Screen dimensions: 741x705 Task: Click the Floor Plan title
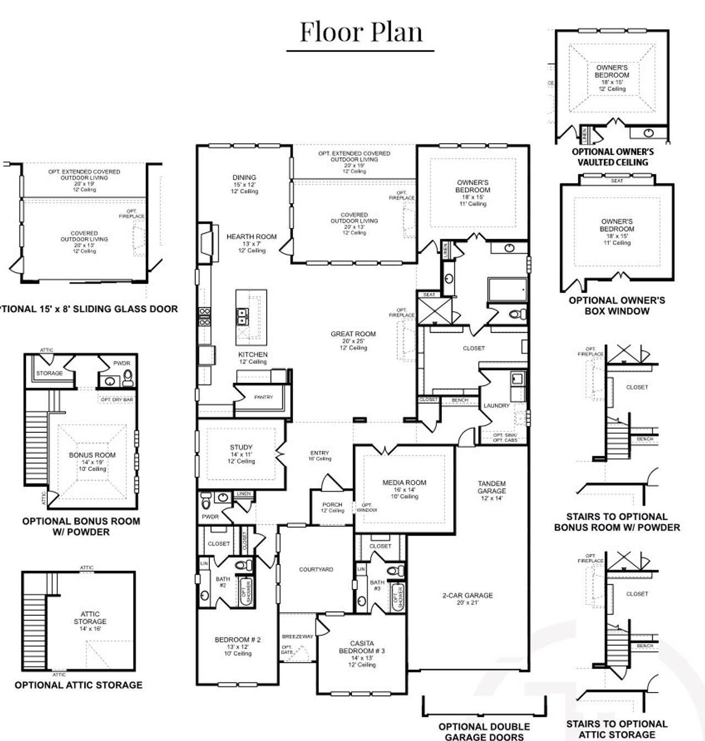(x=361, y=32)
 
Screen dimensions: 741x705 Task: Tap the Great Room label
(x=353, y=334)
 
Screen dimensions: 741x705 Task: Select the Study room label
(x=241, y=447)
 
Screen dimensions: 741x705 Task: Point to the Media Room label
(x=404, y=483)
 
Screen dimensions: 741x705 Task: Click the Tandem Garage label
(x=491, y=488)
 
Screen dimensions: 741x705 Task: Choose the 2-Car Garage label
(x=467, y=596)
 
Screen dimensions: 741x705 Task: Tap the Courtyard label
(x=316, y=570)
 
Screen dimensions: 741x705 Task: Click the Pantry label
(x=264, y=397)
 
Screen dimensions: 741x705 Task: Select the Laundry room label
(x=496, y=405)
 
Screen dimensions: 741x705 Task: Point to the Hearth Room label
(x=252, y=237)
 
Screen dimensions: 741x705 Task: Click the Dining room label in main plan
(x=244, y=178)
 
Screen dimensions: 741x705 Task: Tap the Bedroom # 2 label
(x=237, y=640)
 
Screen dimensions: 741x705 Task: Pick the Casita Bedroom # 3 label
(x=362, y=647)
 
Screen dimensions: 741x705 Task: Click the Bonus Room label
(x=92, y=455)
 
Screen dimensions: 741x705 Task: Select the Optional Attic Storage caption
(x=78, y=685)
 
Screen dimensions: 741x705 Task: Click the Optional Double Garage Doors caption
(x=484, y=732)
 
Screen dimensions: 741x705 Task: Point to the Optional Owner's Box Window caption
(x=617, y=306)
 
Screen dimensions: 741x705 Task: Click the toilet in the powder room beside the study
(x=206, y=502)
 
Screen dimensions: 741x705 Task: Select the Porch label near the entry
(x=332, y=505)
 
